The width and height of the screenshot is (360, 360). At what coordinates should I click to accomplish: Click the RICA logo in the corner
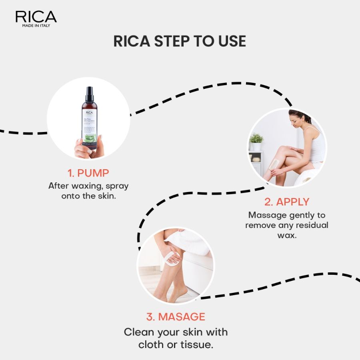click(x=36, y=17)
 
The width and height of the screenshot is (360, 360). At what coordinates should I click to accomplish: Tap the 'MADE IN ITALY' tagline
click(x=36, y=26)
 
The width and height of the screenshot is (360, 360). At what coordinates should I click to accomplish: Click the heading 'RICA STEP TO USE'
click(x=180, y=42)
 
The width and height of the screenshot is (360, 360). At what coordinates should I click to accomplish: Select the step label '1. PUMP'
click(x=88, y=173)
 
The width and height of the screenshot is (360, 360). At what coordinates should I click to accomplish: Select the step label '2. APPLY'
click(x=286, y=202)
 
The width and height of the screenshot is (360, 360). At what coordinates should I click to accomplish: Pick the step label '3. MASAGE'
click(x=176, y=317)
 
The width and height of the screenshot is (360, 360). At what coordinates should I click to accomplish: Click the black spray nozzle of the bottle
click(x=90, y=94)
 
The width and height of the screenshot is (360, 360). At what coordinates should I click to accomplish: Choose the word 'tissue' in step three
click(x=197, y=344)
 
